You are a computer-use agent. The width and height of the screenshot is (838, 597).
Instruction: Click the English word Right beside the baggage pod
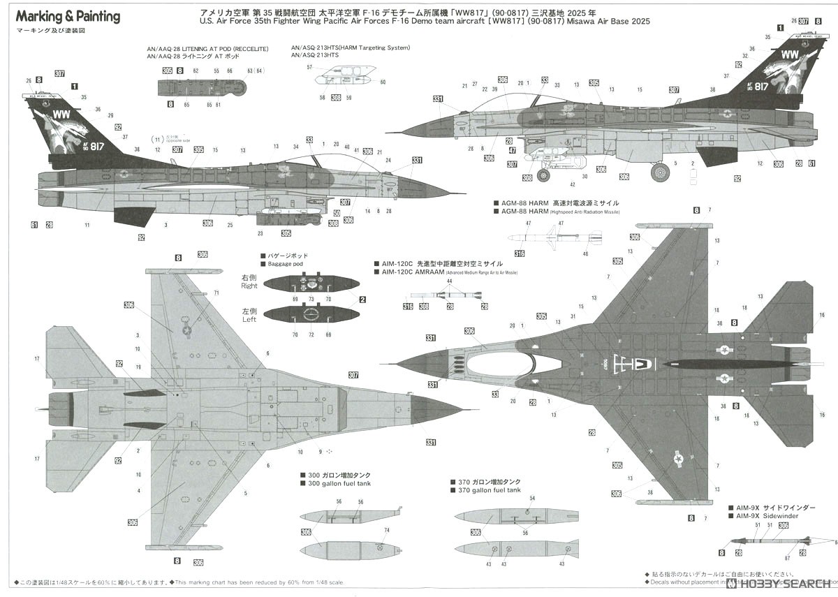coord(249,286)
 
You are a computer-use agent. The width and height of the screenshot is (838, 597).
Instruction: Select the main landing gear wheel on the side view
coord(659,172)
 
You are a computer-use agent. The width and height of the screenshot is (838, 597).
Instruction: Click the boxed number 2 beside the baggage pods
coord(362,300)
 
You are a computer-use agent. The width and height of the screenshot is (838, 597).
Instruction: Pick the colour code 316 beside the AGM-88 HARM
coord(520,253)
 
